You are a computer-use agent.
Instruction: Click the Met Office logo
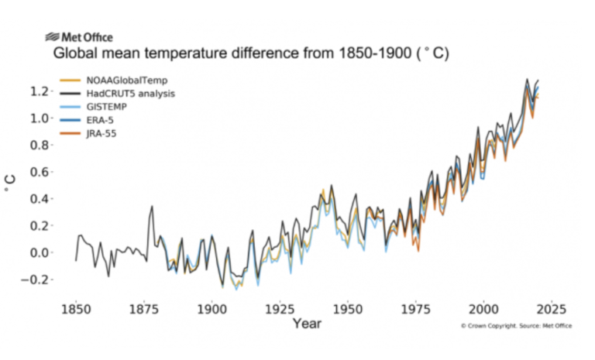(x=79, y=37)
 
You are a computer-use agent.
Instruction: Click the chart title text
(x=251, y=55)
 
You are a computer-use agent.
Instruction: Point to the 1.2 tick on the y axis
(x=40, y=91)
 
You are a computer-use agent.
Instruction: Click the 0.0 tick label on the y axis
(x=40, y=252)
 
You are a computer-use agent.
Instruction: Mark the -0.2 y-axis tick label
(x=37, y=279)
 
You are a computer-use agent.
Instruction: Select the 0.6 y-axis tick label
(x=40, y=172)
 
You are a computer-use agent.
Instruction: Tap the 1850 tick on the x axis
(x=76, y=308)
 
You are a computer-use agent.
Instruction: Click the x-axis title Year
(x=308, y=324)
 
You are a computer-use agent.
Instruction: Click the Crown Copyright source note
(x=516, y=326)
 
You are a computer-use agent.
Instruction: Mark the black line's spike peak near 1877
(x=151, y=207)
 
